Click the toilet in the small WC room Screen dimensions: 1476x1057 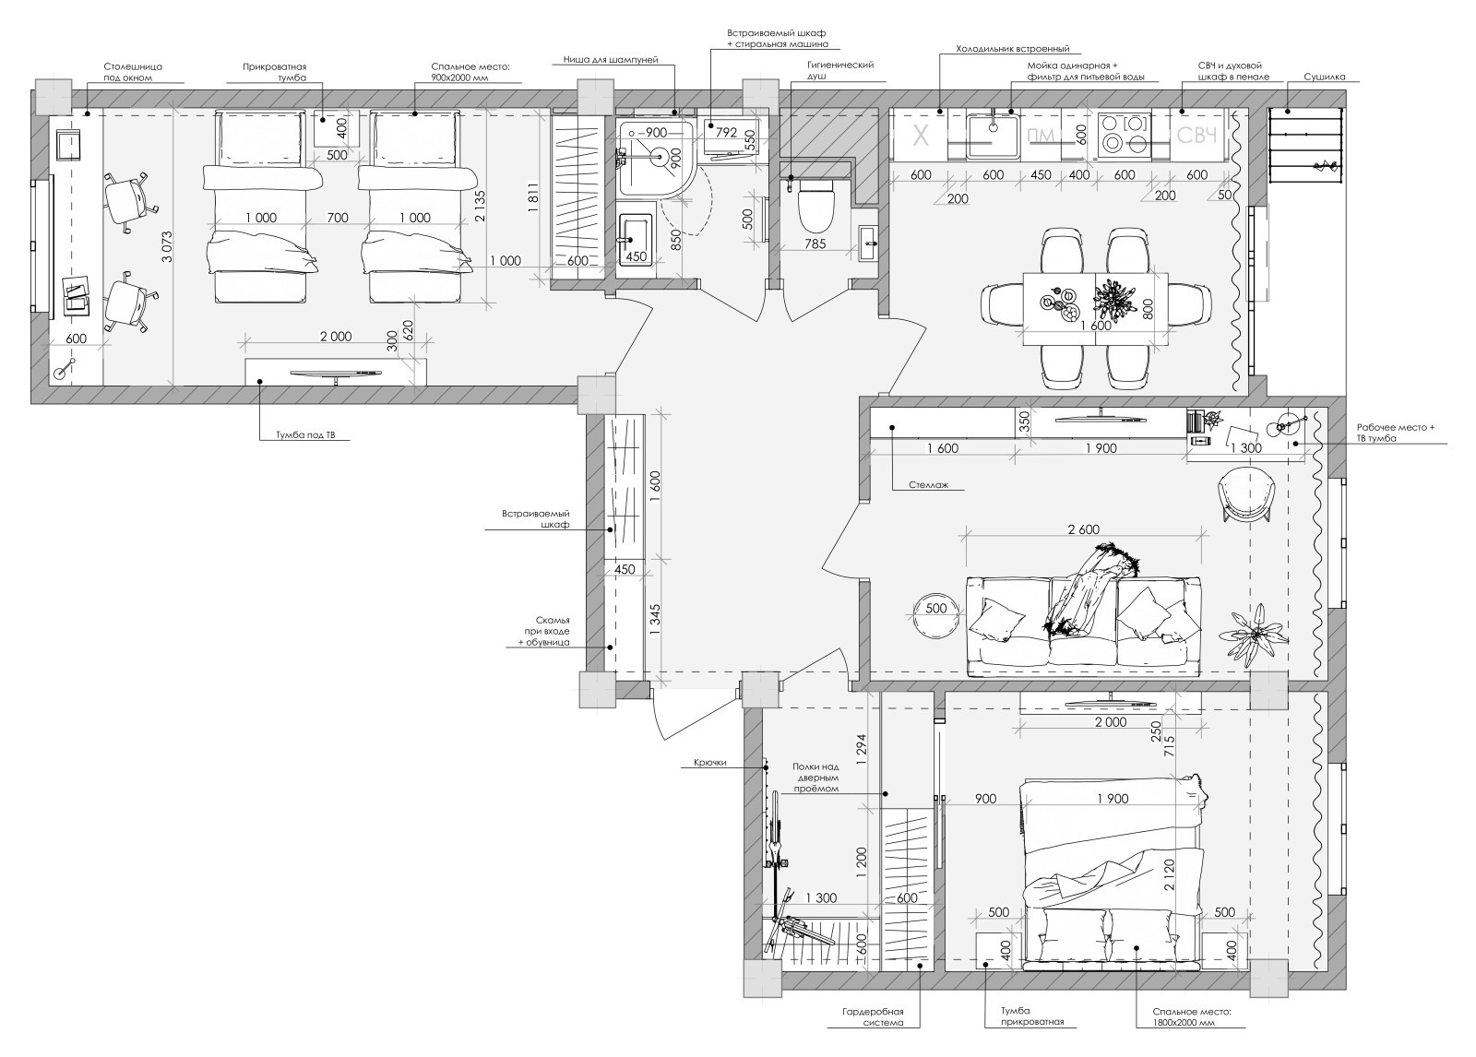(x=816, y=207)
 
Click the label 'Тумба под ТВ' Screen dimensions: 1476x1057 (x=305, y=435)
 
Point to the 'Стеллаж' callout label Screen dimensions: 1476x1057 (x=928, y=484)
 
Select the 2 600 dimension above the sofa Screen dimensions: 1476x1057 (x=1083, y=529)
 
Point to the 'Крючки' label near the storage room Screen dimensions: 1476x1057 (x=709, y=763)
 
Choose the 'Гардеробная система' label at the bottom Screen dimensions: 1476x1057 (x=873, y=1016)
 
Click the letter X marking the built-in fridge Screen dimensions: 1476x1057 (x=921, y=137)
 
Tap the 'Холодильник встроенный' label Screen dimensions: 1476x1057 (x=1013, y=49)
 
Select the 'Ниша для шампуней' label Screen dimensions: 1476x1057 (x=611, y=60)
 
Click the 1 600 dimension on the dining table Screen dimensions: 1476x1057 (x=1096, y=325)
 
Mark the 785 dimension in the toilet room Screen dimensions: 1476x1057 (x=815, y=243)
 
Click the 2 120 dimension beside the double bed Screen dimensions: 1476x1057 (x=1169, y=873)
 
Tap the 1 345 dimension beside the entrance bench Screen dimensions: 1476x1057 (x=654, y=620)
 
